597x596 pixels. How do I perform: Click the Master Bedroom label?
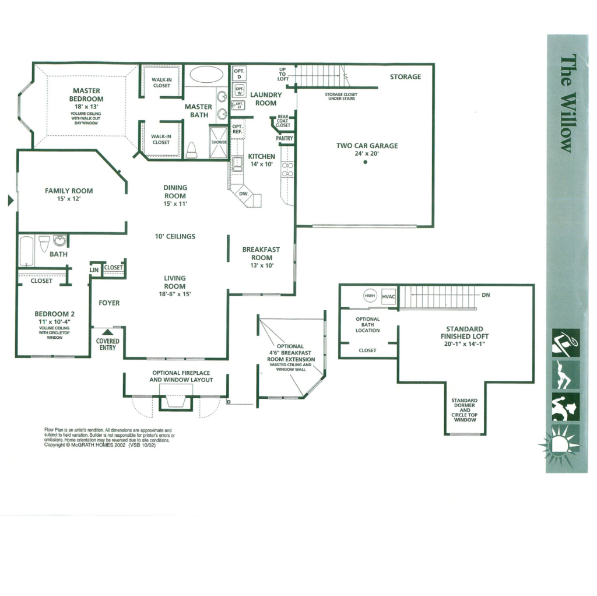click(86, 95)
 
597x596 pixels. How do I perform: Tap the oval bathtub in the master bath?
click(207, 75)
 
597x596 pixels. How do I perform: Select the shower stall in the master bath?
click(219, 143)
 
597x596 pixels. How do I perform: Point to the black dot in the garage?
click(365, 163)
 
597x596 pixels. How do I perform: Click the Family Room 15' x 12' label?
click(69, 194)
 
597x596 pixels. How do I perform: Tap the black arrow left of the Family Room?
click(10, 201)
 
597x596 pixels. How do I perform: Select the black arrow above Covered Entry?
click(107, 332)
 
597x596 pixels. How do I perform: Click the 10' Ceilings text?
click(175, 236)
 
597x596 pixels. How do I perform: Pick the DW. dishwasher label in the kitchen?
click(244, 193)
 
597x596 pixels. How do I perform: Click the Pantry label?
click(284, 139)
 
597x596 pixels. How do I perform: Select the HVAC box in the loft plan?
click(389, 296)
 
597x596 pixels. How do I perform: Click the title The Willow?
click(565, 103)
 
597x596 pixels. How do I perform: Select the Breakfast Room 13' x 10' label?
click(261, 257)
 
